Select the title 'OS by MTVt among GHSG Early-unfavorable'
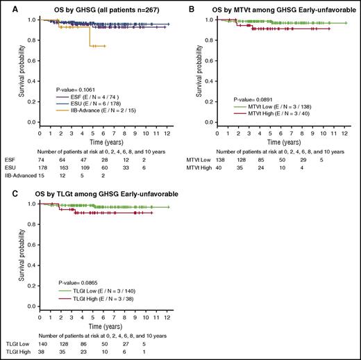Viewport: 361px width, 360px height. pyautogui.click(x=276, y=7)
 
